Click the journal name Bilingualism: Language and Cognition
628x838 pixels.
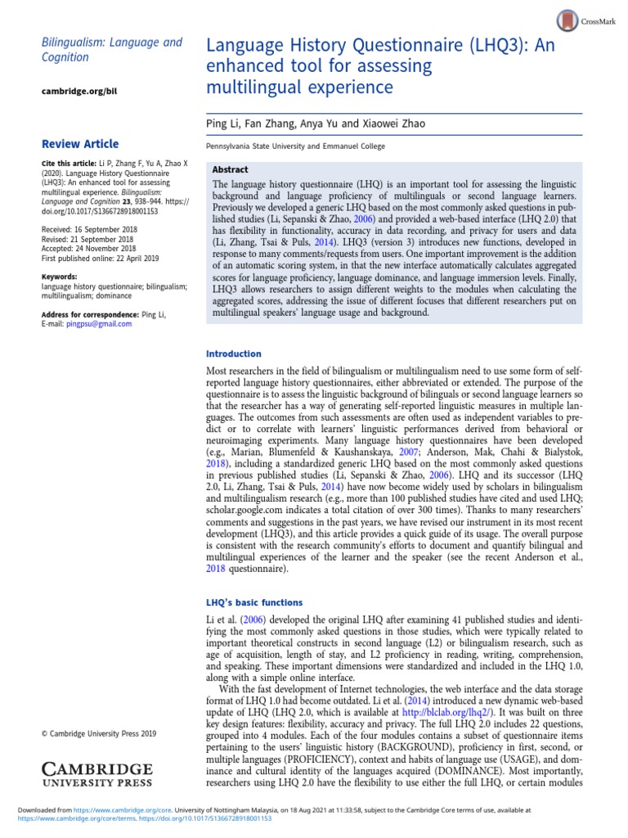(x=111, y=49)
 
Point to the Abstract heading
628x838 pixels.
(x=231, y=167)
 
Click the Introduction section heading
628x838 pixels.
(x=233, y=354)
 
